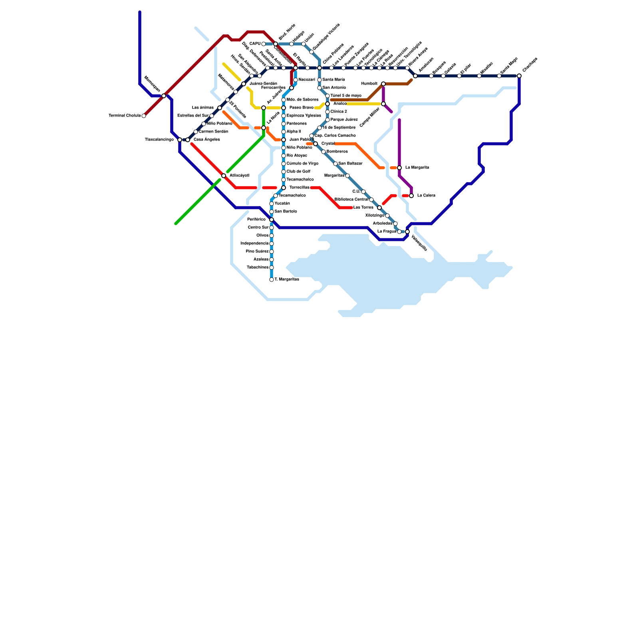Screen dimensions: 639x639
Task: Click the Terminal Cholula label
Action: point(125,116)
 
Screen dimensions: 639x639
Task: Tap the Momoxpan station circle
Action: point(164,96)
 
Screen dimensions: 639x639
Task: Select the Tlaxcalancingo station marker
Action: point(180,140)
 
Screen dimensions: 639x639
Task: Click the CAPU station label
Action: point(255,44)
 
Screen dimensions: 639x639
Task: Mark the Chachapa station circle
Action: point(519,76)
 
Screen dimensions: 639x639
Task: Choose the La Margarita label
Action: point(417,168)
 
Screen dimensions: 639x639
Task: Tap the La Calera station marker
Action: point(411,196)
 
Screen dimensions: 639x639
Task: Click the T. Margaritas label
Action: point(287,280)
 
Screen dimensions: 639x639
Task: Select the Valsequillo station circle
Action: point(407,232)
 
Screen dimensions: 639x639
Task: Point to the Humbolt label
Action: point(369,84)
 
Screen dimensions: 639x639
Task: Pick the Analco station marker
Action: point(327,104)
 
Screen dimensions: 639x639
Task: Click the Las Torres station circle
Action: point(379,208)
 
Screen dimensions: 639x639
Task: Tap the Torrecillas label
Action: point(299,188)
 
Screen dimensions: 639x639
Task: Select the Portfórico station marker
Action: point(272,220)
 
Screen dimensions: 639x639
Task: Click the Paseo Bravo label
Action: point(301,108)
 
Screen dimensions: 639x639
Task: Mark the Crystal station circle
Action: point(316,144)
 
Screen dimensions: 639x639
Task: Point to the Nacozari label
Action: point(307,80)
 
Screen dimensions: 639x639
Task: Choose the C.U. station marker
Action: point(363,192)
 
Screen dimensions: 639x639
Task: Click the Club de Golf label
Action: point(298,172)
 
